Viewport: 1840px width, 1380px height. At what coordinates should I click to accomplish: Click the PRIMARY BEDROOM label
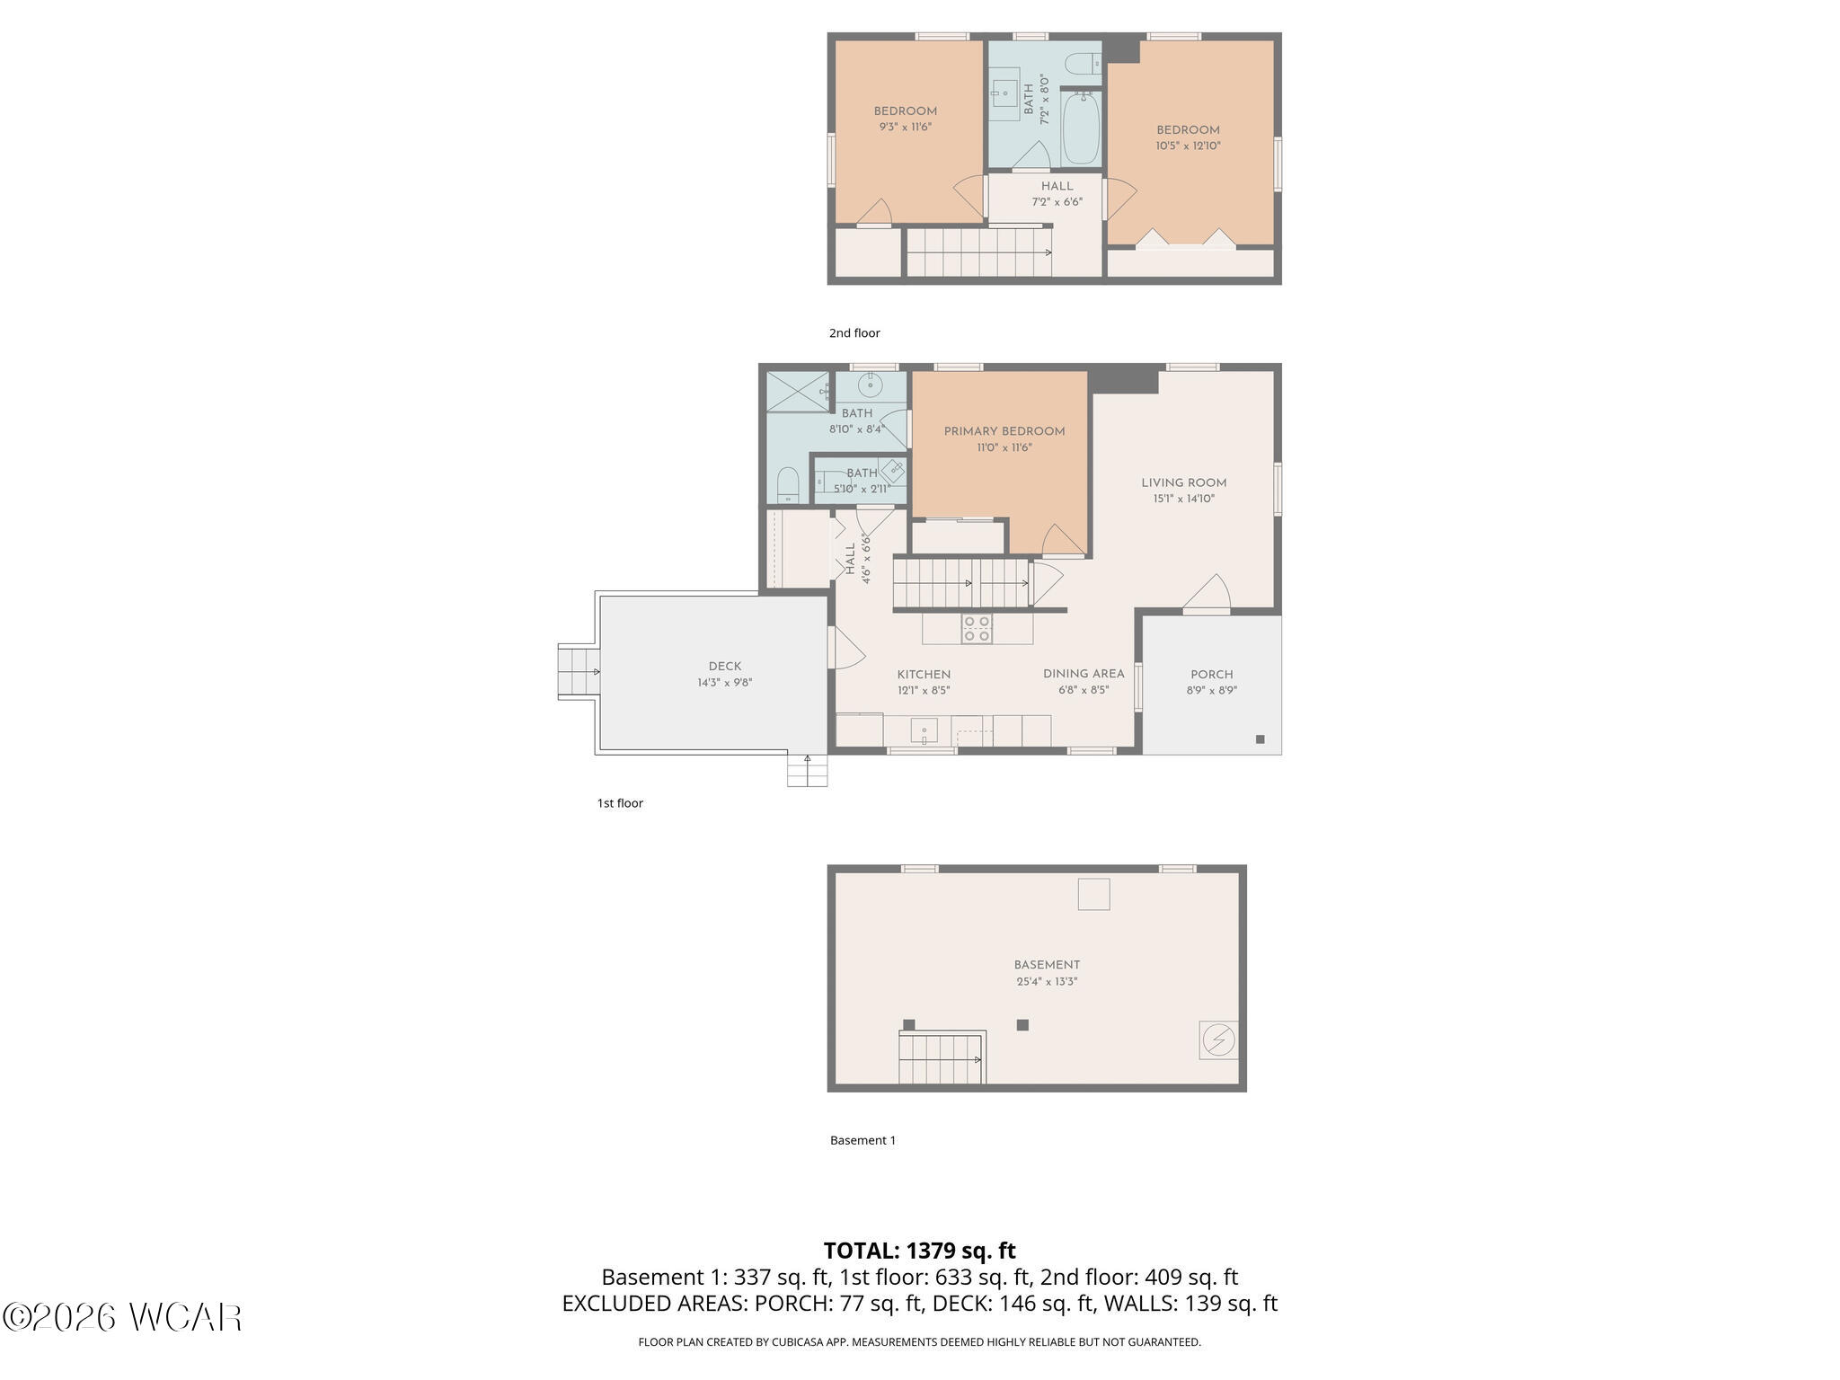tap(1004, 431)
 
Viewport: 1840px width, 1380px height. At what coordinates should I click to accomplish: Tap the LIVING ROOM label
tap(1183, 482)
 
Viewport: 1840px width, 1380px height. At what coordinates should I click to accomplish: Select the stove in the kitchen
tap(977, 629)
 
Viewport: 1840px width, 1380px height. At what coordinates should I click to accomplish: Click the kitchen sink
tap(924, 730)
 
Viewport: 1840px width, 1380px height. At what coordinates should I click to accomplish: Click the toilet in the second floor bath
tap(1082, 64)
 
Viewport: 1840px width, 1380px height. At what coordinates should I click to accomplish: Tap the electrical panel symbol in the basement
tap(1218, 1040)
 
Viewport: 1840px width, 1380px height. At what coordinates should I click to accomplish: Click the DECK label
tap(725, 667)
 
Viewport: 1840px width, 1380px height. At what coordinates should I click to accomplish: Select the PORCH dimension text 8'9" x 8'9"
tap(1211, 691)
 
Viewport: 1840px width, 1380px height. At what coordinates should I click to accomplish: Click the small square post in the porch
tap(1260, 739)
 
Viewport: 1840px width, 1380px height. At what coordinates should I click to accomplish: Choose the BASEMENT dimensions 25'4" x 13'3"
tap(1047, 982)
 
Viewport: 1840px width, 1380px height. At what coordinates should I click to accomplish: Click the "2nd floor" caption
tap(854, 333)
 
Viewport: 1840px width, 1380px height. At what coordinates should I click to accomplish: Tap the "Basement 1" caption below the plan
tap(862, 1141)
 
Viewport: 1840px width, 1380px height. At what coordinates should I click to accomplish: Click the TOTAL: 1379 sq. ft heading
tap(919, 1251)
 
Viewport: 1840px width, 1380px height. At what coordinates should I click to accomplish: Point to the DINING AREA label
tap(1084, 674)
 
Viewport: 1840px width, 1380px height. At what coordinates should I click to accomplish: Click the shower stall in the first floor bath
tap(799, 392)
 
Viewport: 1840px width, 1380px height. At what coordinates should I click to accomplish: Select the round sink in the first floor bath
tap(870, 385)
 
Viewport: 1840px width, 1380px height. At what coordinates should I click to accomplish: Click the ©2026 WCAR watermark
tap(122, 1317)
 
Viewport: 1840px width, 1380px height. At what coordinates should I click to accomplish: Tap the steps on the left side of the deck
tap(579, 671)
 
